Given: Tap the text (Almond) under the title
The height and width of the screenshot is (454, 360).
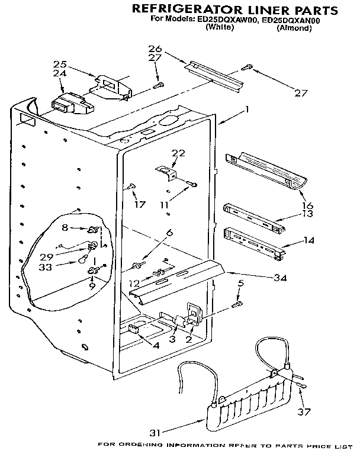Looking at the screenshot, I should [294, 28].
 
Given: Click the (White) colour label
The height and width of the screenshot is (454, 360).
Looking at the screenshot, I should [219, 28].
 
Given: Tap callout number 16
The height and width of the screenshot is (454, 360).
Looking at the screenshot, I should [307, 205].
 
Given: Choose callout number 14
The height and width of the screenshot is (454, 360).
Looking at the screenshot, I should [309, 241].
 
